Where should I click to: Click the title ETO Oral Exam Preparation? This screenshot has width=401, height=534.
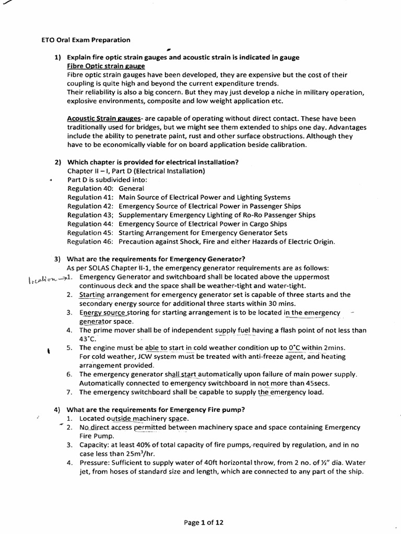86,40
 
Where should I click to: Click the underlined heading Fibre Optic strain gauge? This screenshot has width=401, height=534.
107,66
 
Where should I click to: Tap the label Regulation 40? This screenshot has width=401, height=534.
90,188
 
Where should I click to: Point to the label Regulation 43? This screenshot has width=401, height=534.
90,215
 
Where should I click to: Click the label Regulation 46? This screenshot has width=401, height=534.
90,241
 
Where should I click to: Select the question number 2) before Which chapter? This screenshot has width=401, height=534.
58,162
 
